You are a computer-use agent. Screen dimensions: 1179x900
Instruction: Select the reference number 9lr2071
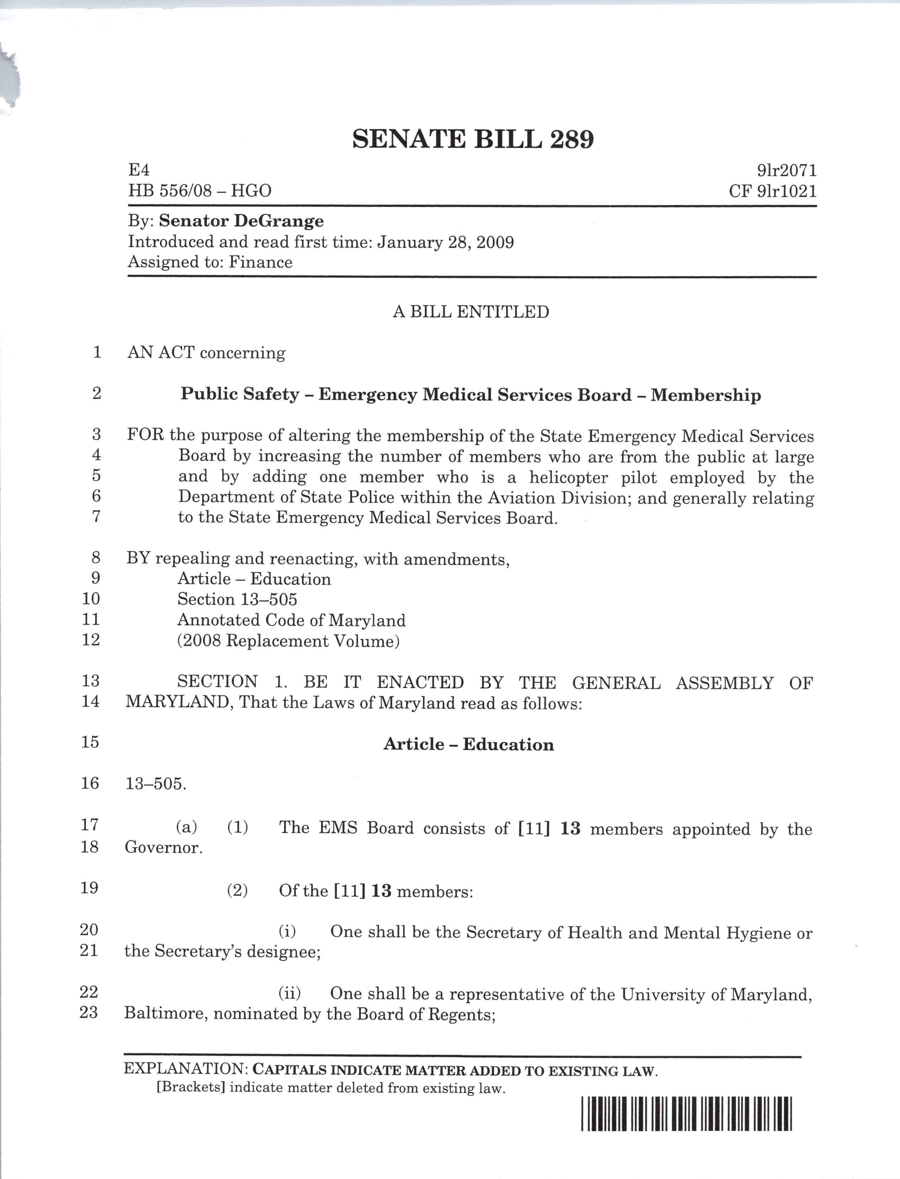click(787, 171)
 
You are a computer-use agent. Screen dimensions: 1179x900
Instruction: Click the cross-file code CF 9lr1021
click(773, 191)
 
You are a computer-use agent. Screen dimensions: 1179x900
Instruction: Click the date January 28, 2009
click(445, 242)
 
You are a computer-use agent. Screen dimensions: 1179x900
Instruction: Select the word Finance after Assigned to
click(260, 262)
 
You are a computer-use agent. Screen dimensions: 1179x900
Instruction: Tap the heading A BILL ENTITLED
click(471, 311)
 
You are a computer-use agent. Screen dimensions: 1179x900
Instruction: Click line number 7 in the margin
click(96, 517)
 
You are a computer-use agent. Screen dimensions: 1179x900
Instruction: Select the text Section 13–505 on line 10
click(237, 599)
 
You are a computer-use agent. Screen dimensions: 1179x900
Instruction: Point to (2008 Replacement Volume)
click(288, 641)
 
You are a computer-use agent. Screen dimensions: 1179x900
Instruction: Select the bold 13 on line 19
click(381, 891)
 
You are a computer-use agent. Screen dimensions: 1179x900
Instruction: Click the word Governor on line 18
click(163, 848)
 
